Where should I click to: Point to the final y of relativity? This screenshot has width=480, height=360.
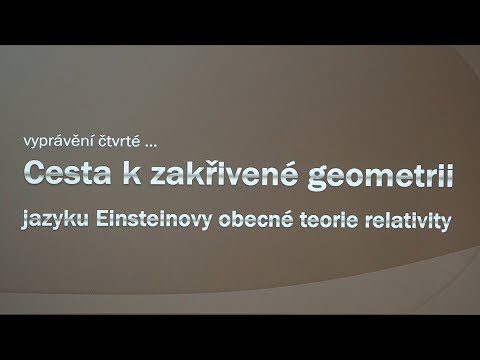coord(447,219)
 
